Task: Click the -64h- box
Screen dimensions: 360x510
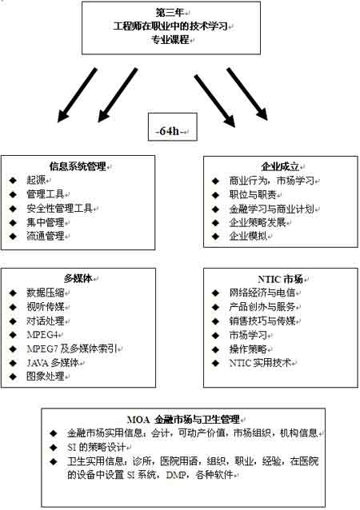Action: point(173,127)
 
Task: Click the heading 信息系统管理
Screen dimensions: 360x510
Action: point(78,166)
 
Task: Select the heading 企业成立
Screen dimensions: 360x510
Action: point(280,166)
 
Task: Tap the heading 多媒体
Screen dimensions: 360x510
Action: point(78,278)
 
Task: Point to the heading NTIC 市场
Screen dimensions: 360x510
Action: point(280,279)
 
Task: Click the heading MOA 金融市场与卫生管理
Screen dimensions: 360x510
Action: point(183,419)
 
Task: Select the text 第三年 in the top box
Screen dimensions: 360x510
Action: point(170,13)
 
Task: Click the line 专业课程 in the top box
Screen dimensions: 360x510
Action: point(170,40)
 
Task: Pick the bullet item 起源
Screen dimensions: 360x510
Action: point(36,180)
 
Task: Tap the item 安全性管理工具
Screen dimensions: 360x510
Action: point(59,208)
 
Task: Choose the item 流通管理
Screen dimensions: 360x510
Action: point(46,236)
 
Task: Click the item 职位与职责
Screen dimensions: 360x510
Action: point(253,194)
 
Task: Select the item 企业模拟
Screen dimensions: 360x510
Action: point(248,236)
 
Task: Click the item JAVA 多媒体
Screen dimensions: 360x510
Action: point(53,363)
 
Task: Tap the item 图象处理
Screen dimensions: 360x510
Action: point(46,377)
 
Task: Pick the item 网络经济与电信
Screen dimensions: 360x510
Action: point(262,293)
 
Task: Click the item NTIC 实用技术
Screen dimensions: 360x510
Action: point(260,363)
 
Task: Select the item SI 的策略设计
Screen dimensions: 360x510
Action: point(96,447)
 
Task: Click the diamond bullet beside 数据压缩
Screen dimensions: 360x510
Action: point(13,293)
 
